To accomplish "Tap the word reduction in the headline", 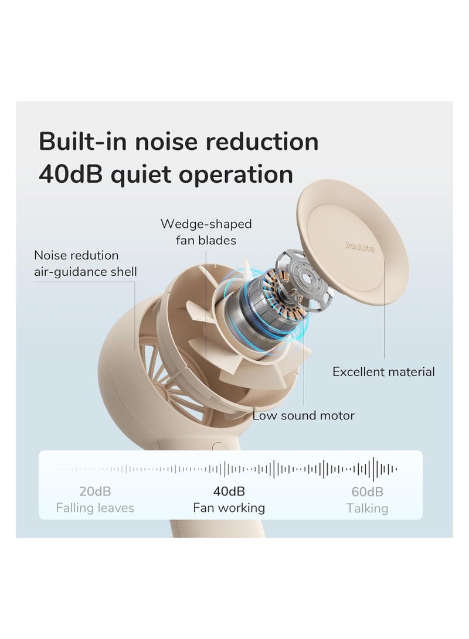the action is [x=262, y=141].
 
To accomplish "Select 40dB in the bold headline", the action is [x=71, y=174].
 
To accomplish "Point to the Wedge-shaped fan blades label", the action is [x=206, y=232].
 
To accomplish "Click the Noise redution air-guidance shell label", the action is [x=85, y=263].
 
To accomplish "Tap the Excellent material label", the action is [x=383, y=372].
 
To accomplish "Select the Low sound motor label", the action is [x=304, y=415].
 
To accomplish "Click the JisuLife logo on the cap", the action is [x=360, y=247].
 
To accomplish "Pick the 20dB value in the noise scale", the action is [x=95, y=491].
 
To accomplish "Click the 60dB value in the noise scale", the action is [x=367, y=491].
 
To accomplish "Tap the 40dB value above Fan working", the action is [x=229, y=491].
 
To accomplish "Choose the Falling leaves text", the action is [x=95, y=508].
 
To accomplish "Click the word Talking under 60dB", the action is [x=367, y=508].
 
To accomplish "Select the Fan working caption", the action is [x=229, y=508].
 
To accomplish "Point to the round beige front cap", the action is [x=352, y=242].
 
